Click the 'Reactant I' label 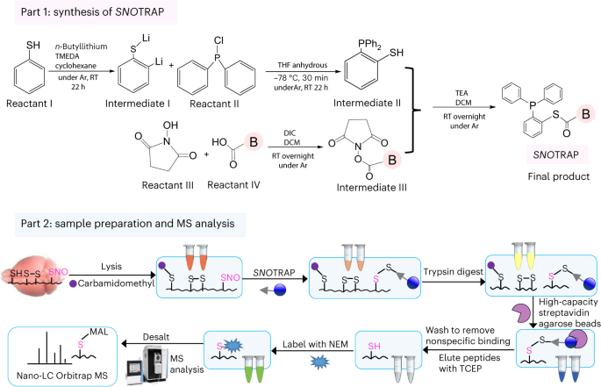point(29,104)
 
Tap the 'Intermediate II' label point(367,103)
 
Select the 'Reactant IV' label point(233,185)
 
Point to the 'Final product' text point(559,176)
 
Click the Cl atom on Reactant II point(218,40)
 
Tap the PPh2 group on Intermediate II point(369,45)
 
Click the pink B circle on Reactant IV point(254,142)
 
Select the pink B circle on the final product point(586,114)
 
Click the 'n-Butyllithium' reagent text point(81,47)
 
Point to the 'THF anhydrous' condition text point(303,65)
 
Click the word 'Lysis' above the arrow point(111,267)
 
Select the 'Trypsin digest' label point(453,272)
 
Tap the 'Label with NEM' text point(315,344)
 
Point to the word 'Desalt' point(156,337)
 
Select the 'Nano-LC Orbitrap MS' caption point(62,376)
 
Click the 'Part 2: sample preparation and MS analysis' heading point(127,224)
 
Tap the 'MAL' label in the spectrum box point(98,332)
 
